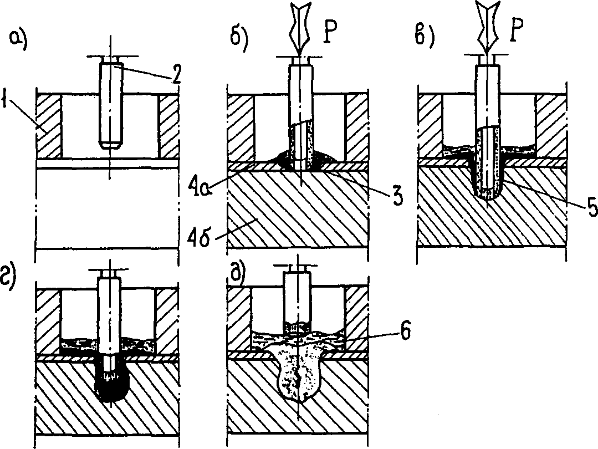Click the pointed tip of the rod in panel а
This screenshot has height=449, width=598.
coord(110,145)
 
